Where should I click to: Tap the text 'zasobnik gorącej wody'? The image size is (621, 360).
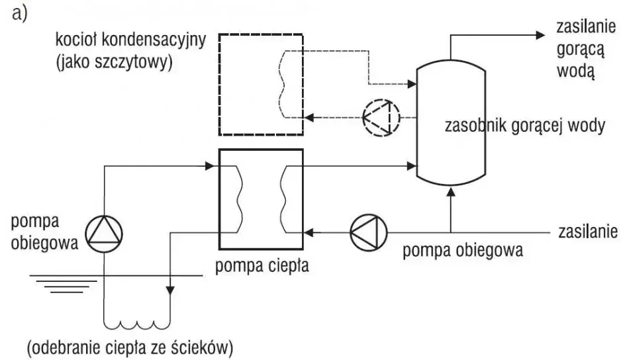[x=524, y=126]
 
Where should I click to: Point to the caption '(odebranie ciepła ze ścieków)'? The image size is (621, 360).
[x=130, y=346]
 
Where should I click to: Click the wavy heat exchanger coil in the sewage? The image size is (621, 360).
[x=137, y=324]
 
